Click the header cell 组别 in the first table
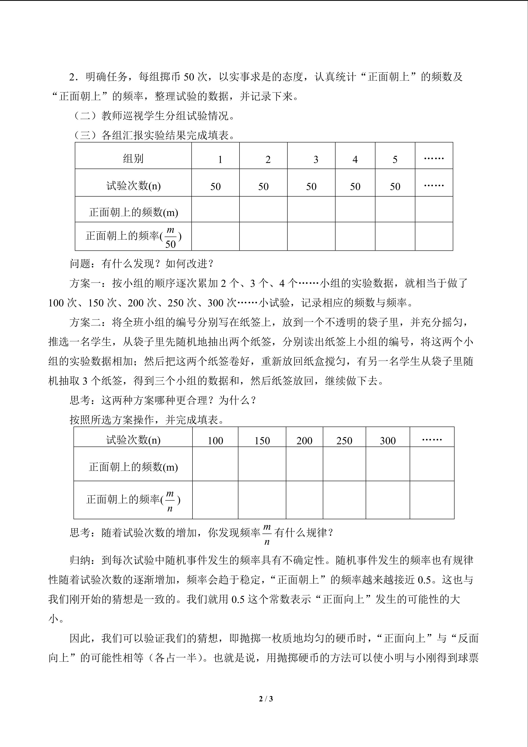tap(133, 159)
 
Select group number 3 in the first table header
tap(315, 160)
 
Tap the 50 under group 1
tap(215, 186)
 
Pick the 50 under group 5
tap(395, 186)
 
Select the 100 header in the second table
tap(215, 441)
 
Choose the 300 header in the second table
tap(388, 441)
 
